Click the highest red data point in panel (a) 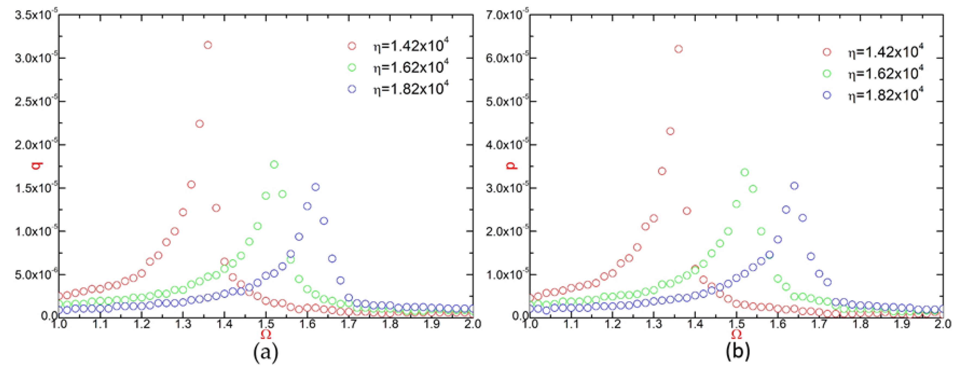click(208, 45)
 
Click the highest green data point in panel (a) click(274, 164)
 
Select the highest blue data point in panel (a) click(316, 187)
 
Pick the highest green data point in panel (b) click(744, 172)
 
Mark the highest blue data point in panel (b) click(794, 186)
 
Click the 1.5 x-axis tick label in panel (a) click(266, 324)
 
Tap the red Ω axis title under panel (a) click(266, 334)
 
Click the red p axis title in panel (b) click(511, 165)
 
